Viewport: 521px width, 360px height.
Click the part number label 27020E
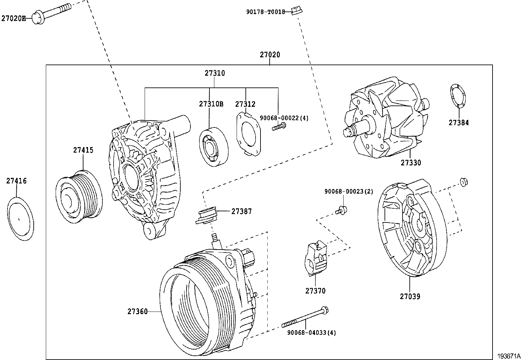coord(13,18)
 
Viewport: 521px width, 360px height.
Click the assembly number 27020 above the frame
coord(270,55)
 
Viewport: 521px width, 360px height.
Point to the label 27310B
coord(211,104)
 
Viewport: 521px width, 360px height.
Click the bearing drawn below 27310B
coord(214,146)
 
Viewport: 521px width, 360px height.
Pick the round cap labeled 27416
coord(21,218)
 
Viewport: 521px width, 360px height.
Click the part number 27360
coord(137,312)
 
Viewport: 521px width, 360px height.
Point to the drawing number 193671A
coord(509,356)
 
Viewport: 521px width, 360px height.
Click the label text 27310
coord(215,73)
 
